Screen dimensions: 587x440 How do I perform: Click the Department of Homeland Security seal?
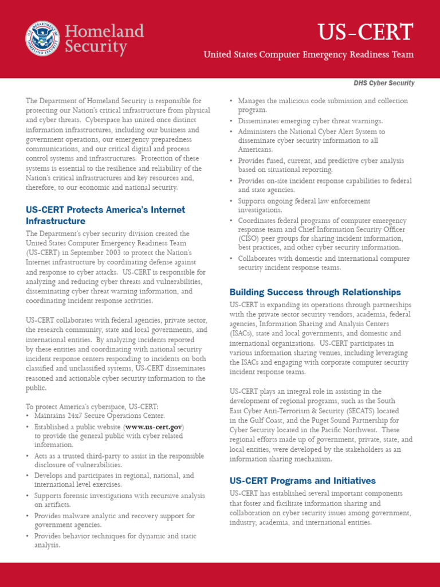pos(42,38)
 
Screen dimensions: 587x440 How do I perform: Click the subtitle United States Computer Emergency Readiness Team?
pos(309,54)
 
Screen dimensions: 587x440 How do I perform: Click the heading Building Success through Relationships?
pos(315,292)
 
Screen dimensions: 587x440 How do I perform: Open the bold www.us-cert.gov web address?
pos(154,427)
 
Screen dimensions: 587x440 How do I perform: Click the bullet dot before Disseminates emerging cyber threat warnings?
pos(231,121)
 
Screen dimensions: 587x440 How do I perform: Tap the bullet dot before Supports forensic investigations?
pos(27,496)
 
